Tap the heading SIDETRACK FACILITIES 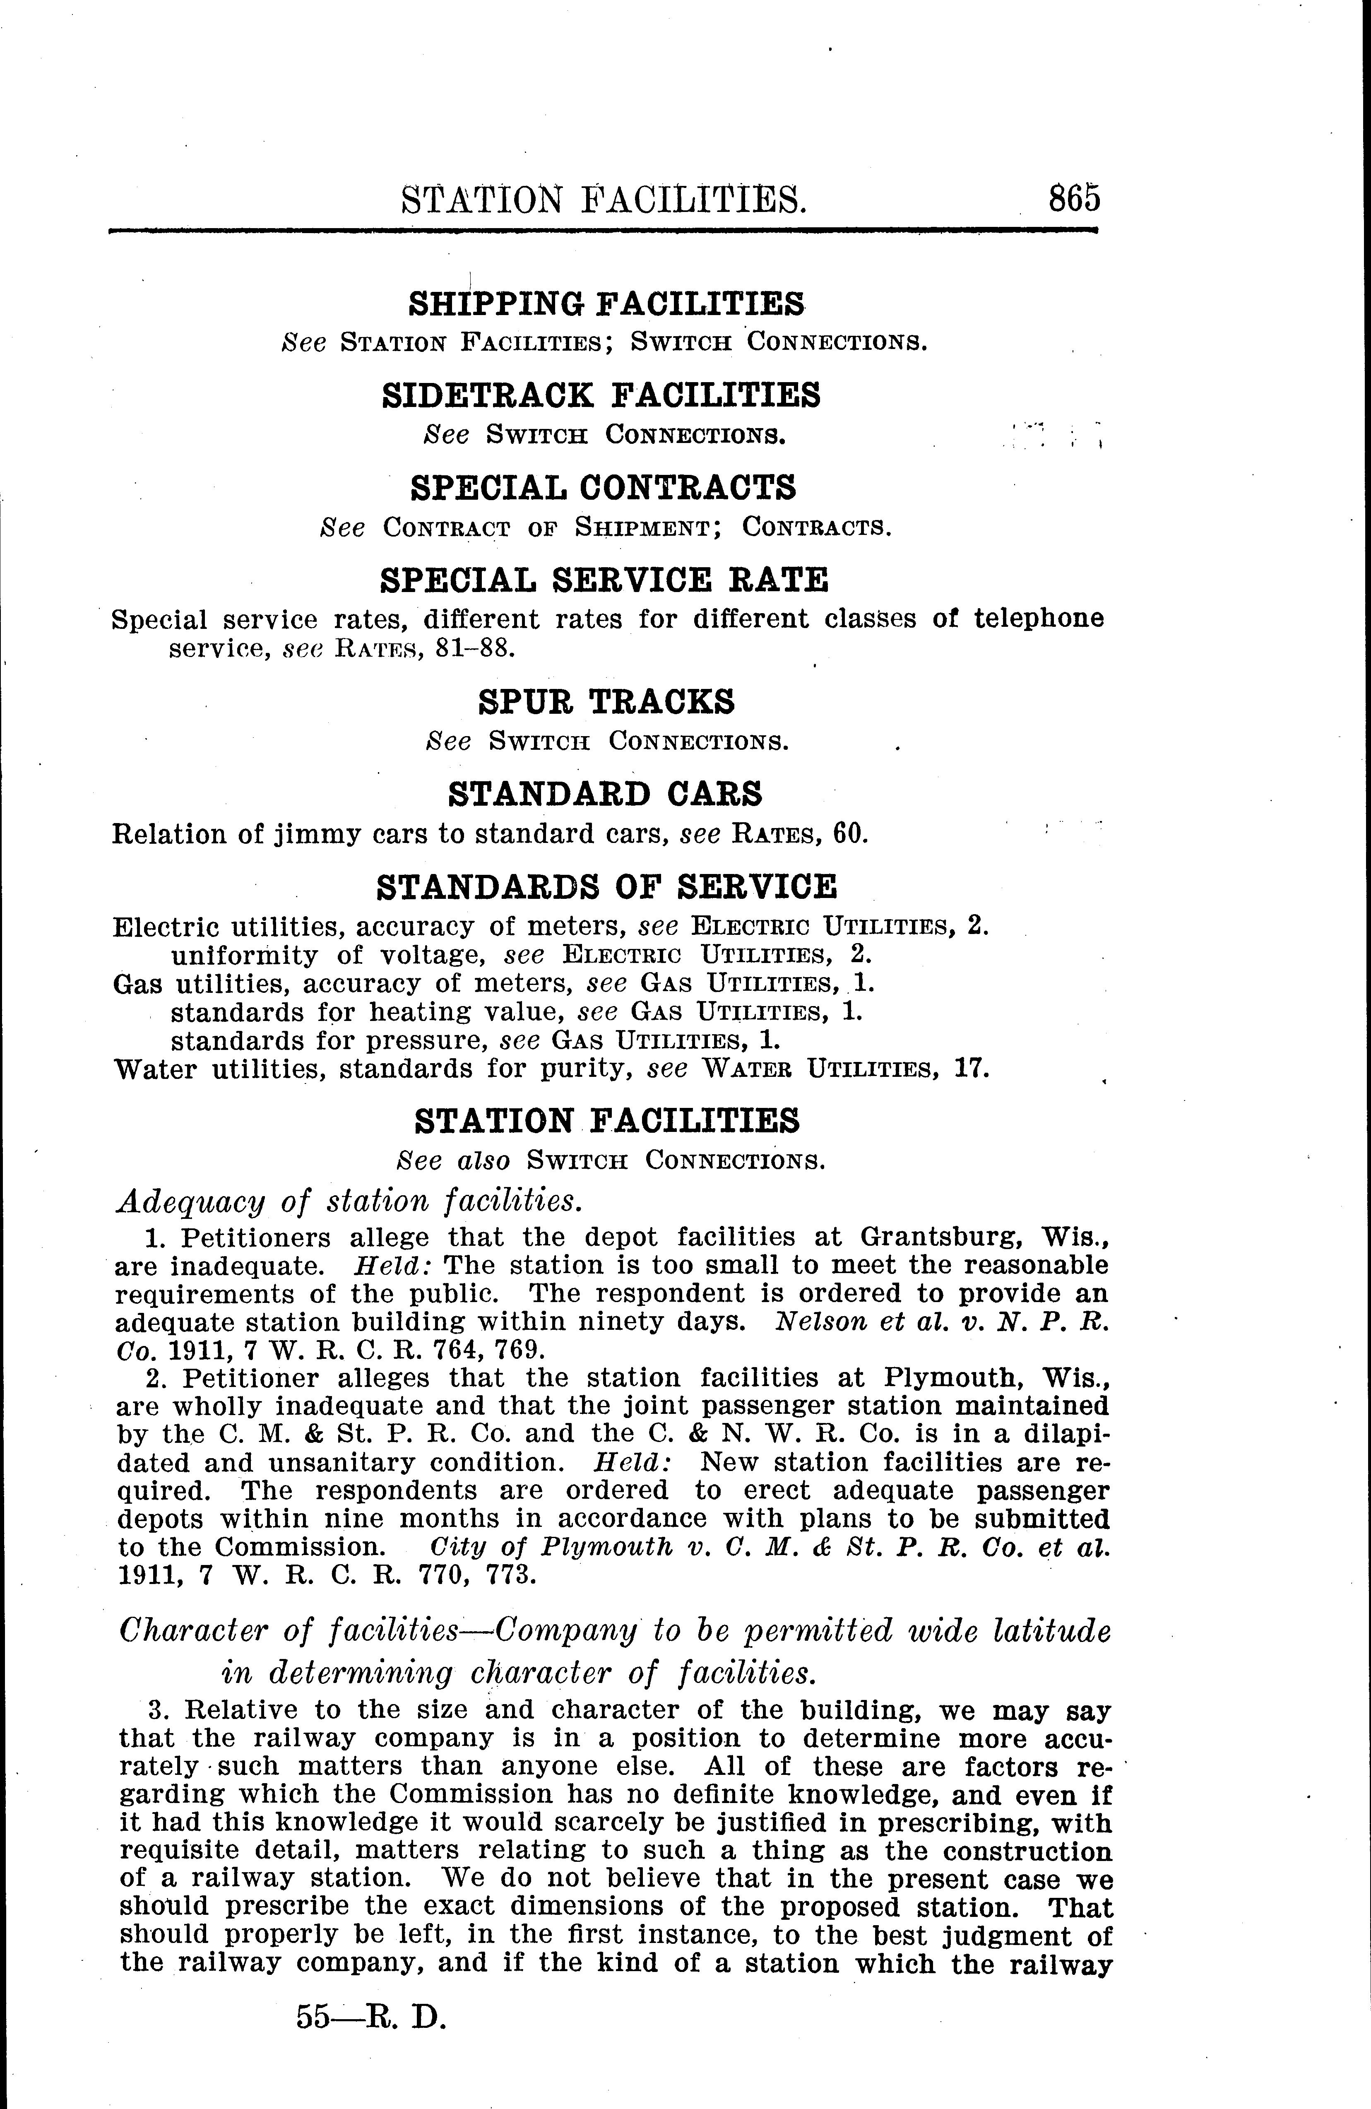601,394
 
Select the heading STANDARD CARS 605,793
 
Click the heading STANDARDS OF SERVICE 606,886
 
